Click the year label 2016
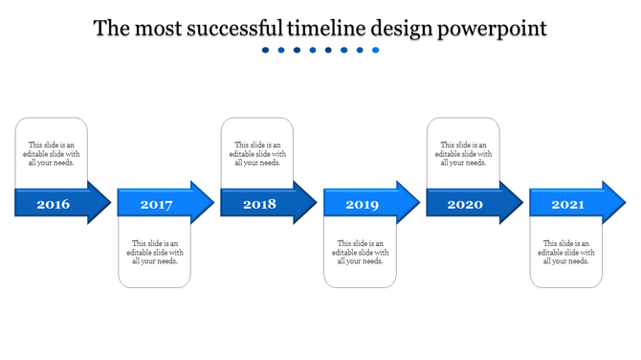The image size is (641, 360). point(53,204)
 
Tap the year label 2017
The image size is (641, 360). point(156,204)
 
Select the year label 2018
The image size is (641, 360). point(258,204)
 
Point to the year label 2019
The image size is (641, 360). point(362,204)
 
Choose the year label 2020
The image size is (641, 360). point(465,204)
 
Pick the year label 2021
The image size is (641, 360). point(567,204)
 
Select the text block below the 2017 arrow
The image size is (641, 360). point(155,252)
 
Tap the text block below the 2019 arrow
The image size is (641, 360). point(361,252)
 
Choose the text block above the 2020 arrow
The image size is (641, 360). point(464,153)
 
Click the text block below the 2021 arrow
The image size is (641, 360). point(566,252)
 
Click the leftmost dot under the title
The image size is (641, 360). point(266,50)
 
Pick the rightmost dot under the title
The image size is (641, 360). point(376,50)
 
